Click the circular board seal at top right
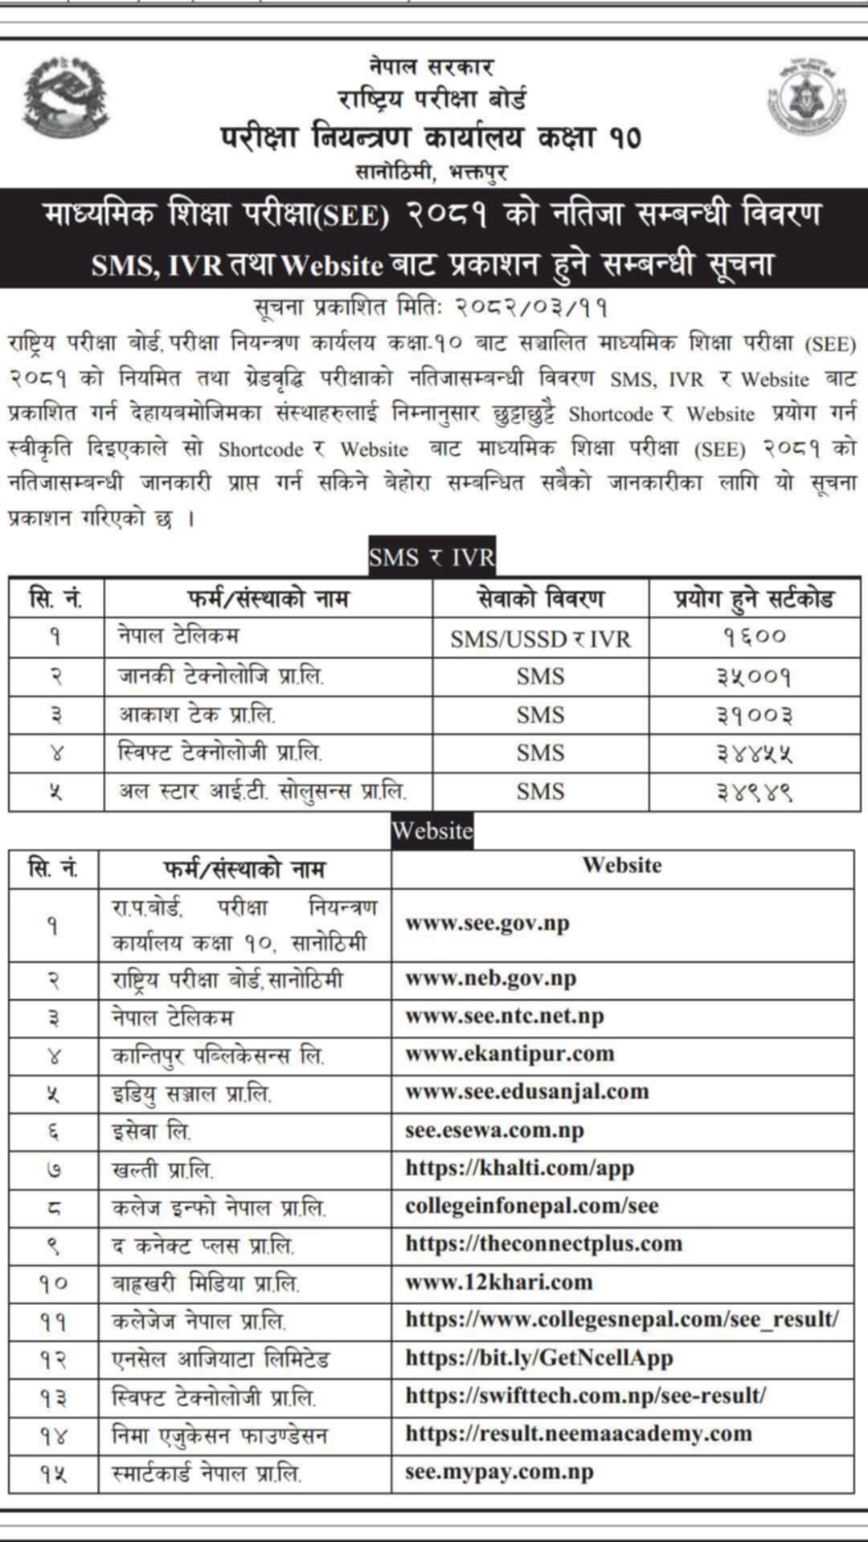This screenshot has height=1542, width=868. (806, 96)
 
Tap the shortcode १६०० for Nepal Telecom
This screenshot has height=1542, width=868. (754, 637)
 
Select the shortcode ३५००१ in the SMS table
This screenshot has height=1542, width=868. (754, 676)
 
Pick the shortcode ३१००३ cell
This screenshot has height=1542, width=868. (754, 715)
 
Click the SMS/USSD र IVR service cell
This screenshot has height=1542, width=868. (540, 638)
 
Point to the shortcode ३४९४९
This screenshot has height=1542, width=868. (754, 792)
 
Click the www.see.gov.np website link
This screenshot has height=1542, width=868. (487, 924)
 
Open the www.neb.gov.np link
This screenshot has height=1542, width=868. (490, 978)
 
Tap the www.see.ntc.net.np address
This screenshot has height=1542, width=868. (504, 1016)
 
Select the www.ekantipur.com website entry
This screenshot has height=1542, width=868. (510, 1054)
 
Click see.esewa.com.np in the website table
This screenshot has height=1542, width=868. (494, 1130)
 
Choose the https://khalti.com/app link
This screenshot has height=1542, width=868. (519, 1168)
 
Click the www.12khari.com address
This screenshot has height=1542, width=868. (498, 1282)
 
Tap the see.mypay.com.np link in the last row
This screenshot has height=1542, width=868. (499, 1473)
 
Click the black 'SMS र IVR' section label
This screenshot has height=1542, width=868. (432, 557)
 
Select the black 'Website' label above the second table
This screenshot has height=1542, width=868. (432, 830)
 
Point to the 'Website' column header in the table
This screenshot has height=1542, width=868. (622, 866)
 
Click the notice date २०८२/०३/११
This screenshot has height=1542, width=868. (531, 308)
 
